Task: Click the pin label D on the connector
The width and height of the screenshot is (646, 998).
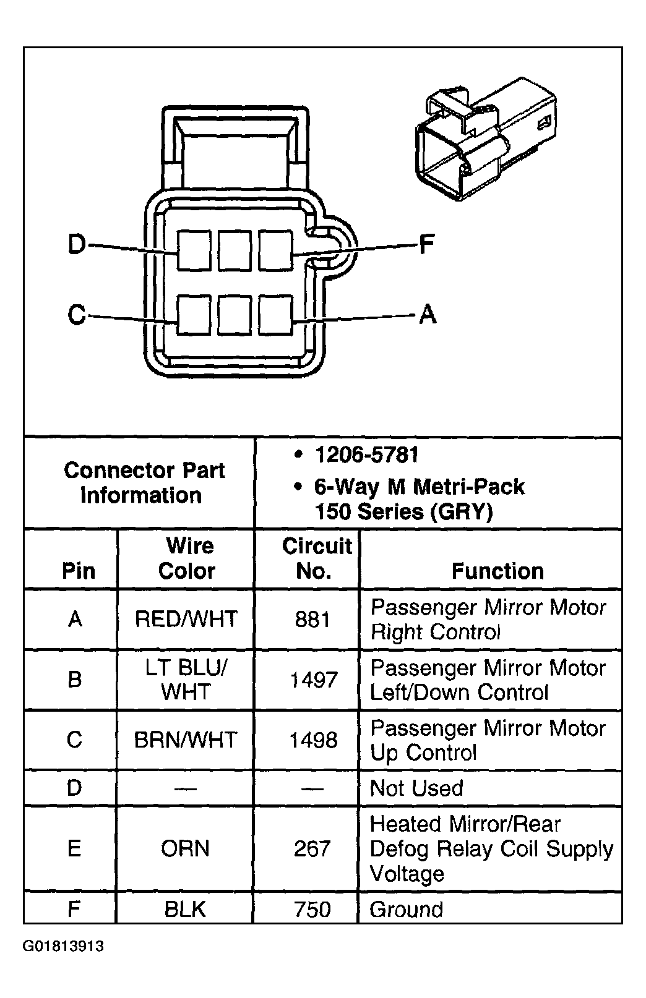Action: pyautogui.click(x=77, y=245)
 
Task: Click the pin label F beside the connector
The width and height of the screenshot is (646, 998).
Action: pyautogui.click(x=426, y=244)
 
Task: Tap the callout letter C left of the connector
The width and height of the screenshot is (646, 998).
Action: pyautogui.click(x=77, y=315)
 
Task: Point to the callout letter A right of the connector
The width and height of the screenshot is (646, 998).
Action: pyautogui.click(x=428, y=315)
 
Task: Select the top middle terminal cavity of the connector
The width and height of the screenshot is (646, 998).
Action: pyautogui.click(x=235, y=250)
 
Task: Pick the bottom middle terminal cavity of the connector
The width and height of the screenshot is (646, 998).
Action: pyautogui.click(x=235, y=315)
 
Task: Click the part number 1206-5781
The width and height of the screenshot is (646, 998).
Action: pyautogui.click(x=366, y=456)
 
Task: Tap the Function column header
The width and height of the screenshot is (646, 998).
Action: pyautogui.click(x=497, y=571)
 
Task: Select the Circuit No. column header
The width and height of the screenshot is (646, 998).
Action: pyautogui.click(x=316, y=558)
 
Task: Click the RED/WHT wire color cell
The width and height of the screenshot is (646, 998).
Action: pyautogui.click(x=186, y=619)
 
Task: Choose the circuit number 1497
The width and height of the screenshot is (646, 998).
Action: pyautogui.click(x=314, y=680)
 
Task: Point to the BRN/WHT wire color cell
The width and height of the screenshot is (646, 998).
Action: pyautogui.click(x=186, y=740)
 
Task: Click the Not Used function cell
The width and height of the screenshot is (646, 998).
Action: pyautogui.click(x=416, y=788)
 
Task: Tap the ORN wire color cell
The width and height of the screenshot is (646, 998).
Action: pyautogui.click(x=185, y=848)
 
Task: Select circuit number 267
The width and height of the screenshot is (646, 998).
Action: pyautogui.click(x=312, y=848)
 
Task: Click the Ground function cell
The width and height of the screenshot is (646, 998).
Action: pyautogui.click(x=406, y=910)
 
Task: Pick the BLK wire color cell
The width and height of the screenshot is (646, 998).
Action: pyautogui.click(x=185, y=910)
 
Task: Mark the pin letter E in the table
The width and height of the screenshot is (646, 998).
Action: pyautogui.click(x=74, y=848)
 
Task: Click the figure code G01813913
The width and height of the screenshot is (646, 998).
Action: pyautogui.click(x=64, y=947)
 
